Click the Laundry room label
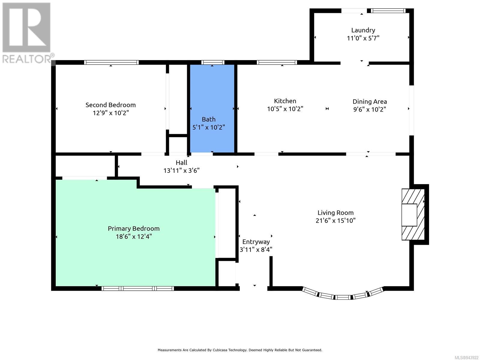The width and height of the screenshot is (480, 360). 363,30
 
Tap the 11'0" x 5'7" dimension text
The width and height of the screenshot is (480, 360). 363,38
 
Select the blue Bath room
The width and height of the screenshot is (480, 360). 212,108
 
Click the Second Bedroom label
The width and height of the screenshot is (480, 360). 110,105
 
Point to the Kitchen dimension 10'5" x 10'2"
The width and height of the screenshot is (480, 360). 285,109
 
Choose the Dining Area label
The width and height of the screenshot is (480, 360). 370,102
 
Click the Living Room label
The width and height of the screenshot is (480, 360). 335,213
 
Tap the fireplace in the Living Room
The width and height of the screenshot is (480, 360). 413,214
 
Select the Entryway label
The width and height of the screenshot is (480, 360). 256,242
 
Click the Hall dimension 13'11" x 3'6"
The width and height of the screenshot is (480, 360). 181,170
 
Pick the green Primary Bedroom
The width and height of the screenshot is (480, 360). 136,233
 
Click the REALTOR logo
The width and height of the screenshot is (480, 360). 27,33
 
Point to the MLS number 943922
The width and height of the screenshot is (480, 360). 466,358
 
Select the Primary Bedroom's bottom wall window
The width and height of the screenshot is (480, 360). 137,289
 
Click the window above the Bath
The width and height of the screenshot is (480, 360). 213,62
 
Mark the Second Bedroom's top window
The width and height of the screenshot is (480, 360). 111,62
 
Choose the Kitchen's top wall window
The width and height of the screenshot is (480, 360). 277,62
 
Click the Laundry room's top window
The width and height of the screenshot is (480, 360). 388,11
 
